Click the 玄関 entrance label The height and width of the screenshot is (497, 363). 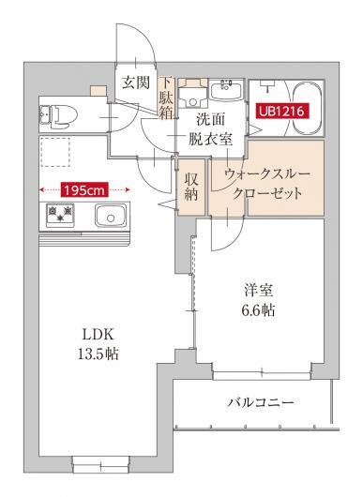[134, 83]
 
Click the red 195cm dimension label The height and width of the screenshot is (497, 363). [84, 188]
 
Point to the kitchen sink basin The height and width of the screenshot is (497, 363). [113, 217]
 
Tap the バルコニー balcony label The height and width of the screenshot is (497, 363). [261, 403]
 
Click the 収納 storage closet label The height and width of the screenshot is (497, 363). [191, 187]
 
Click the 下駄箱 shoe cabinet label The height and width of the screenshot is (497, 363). [167, 100]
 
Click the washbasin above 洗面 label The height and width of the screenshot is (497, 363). [226, 92]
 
